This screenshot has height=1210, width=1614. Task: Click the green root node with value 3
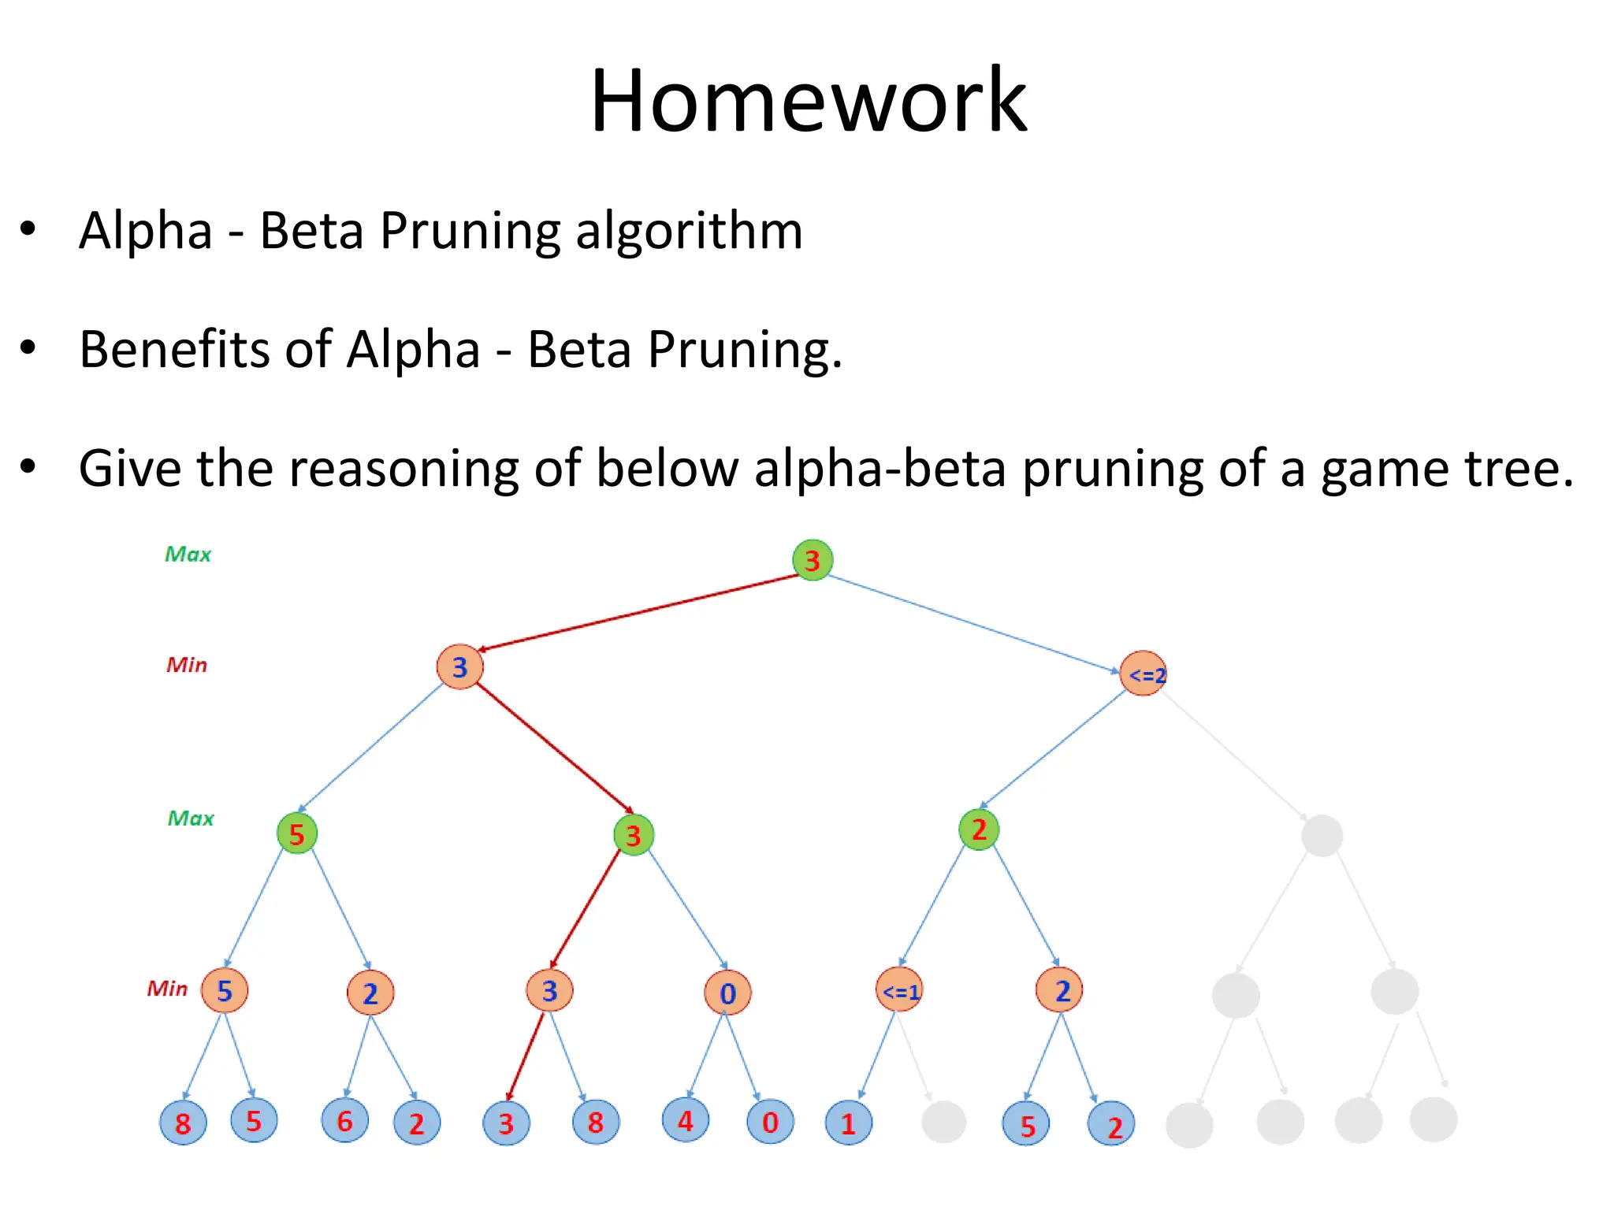[x=813, y=560]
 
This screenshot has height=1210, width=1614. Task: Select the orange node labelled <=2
[x=1143, y=674]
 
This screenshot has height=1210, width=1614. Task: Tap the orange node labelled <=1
[x=899, y=990]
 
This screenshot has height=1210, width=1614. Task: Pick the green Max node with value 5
[x=297, y=833]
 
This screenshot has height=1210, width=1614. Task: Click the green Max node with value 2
[x=979, y=830]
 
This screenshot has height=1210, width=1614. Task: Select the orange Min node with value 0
[x=727, y=993]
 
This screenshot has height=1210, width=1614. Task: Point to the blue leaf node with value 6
[x=344, y=1120]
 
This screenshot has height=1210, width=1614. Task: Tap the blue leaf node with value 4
[x=686, y=1119]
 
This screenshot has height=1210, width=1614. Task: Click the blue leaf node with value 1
[x=849, y=1123]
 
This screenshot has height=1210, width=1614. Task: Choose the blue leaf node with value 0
[x=770, y=1121]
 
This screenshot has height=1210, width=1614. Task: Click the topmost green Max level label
[x=188, y=555]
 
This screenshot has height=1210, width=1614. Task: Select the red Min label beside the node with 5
[x=167, y=989]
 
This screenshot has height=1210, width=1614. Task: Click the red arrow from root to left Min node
[x=638, y=613]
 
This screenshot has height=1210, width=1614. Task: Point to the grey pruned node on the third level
[x=1322, y=836]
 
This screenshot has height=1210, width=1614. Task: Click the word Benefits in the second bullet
[x=174, y=349]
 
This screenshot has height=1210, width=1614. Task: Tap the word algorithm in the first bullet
[x=689, y=231]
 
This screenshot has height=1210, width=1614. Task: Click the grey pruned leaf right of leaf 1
[x=943, y=1122]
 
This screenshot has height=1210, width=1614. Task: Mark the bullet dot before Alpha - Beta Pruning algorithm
[x=28, y=230]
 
